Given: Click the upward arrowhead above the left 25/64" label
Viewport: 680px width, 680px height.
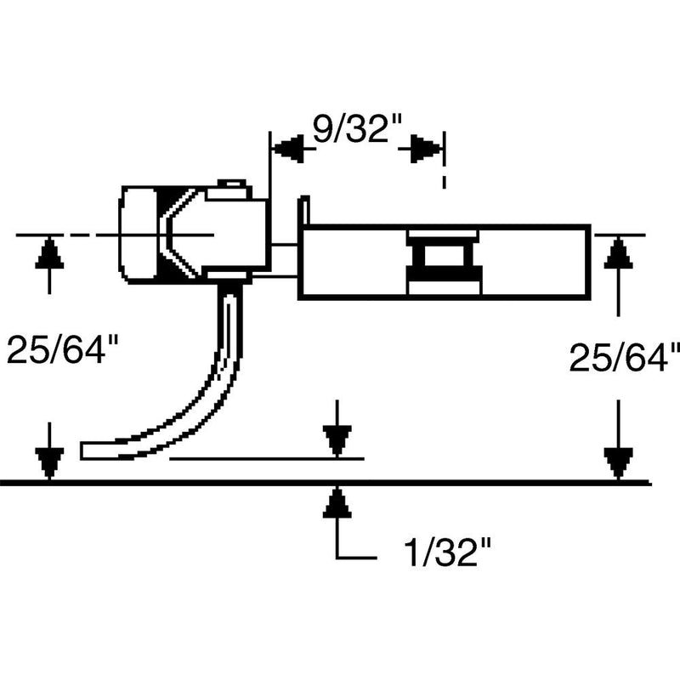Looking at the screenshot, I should pos(50,252).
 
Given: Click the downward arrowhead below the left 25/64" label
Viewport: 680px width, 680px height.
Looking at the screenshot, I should pos(50,463).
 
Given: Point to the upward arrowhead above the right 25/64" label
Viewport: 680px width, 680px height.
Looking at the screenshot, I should pos(619,252).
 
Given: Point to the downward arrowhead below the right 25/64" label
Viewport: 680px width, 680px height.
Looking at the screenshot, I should pos(619,463).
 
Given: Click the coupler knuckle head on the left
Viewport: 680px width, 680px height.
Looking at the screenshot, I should pos(140,234).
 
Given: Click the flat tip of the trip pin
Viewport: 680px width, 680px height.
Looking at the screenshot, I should pos(93,448).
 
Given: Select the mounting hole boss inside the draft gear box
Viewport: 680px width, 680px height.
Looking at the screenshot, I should pos(442,262).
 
